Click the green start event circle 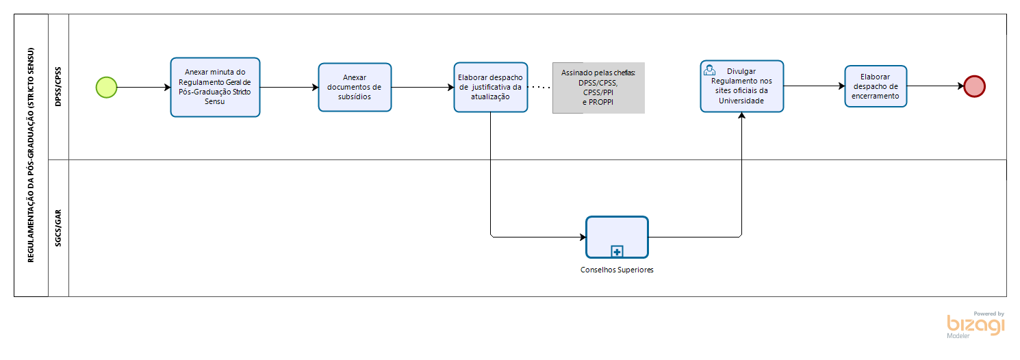pos(107,87)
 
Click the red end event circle pos(974,86)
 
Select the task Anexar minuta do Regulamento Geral pos(215,87)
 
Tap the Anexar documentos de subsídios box pos(355,87)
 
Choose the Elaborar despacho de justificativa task pos(490,87)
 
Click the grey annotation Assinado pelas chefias pos(598,88)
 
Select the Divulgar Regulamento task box pos(742,86)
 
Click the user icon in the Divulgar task pos(709,70)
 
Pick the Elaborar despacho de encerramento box pos(876,86)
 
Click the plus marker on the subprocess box pos(617,251)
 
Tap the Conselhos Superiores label pos(617,270)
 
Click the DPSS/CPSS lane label pos(58,86)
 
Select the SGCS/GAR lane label pos(58,228)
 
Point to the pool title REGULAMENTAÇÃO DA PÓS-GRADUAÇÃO pos(31,155)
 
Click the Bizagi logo pos(976,325)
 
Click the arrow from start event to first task pos(144,87)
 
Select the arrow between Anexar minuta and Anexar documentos pos(289,87)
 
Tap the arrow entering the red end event pos(935,86)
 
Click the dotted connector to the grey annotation pos(540,87)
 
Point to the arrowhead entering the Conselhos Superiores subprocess pos(583,237)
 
